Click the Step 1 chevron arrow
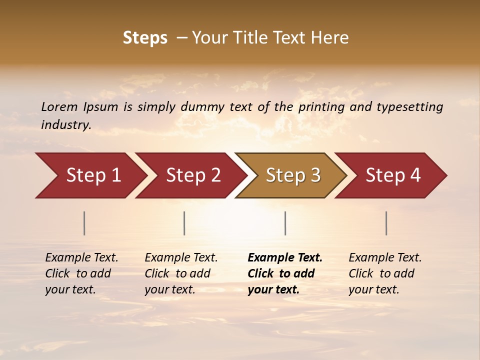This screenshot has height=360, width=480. click(90, 175)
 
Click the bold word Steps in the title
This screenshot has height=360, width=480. click(145, 38)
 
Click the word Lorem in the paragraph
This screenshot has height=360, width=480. click(59, 106)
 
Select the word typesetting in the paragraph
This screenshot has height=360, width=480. click(409, 106)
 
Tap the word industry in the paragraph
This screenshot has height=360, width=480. click(66, 124)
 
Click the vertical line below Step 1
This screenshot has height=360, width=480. click(84, 223)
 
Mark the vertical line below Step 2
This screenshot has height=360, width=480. click(184, 223)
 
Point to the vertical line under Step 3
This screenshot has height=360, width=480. click(285, 223)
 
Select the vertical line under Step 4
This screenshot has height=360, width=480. click(386, 223)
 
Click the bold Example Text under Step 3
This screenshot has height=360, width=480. click(285, 257)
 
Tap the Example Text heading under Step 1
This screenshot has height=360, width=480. click(81, 257)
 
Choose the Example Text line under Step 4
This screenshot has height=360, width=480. click(385, 257)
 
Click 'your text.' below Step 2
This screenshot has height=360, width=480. click(170, 289)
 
